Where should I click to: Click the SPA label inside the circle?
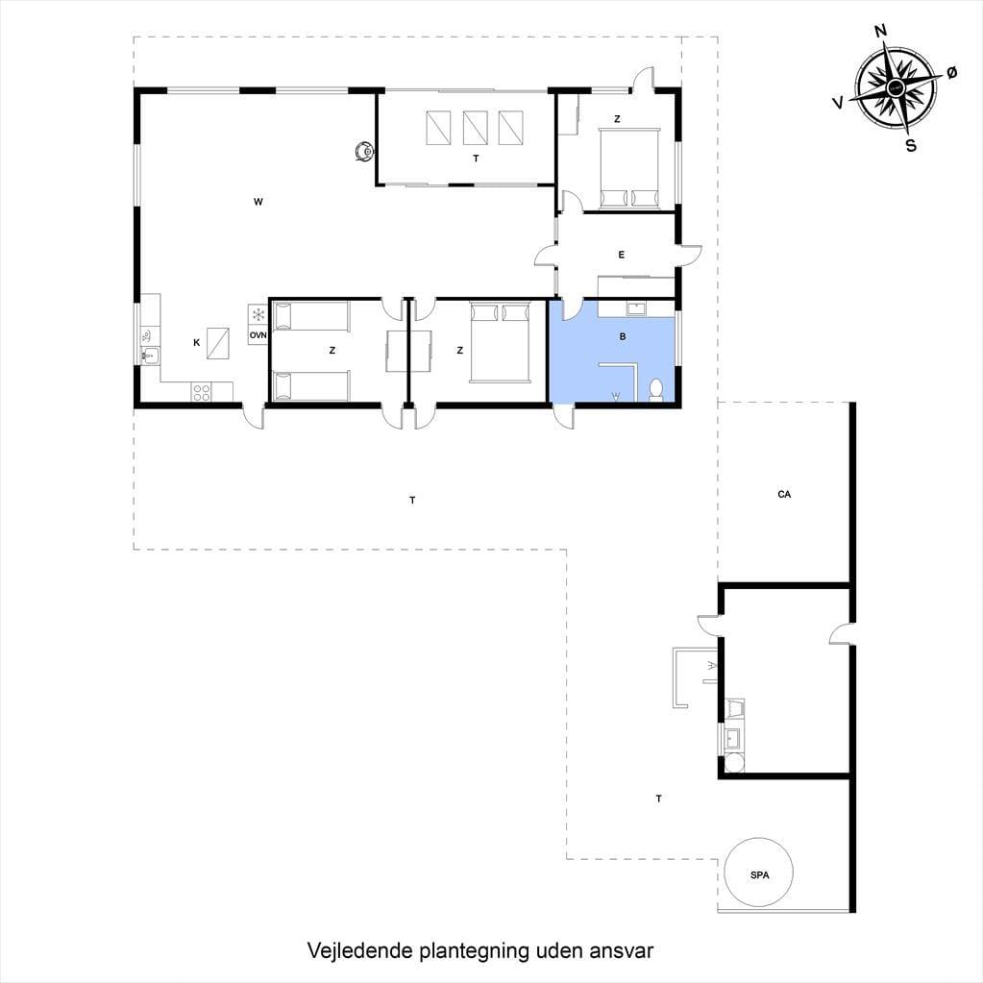(759, 874)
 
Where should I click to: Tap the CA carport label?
(784, 494)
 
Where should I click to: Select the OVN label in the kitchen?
(258, 335)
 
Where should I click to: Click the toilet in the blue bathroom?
(656, 389)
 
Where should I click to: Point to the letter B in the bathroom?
(623, 336)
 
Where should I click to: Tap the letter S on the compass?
(911, 145)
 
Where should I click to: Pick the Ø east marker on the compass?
(951, 73)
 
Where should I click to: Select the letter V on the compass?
(838, 102)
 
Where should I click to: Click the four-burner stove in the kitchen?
(202, 392)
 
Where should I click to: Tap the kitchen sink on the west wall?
(150, 356)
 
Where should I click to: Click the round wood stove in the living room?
(364, 151)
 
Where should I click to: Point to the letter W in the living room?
(258, 201)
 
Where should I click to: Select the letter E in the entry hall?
(622, 255)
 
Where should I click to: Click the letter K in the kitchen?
(196, 342)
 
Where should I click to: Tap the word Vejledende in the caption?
(361, 950)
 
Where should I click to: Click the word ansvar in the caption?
(622, 951)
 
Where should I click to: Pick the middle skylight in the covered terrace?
(476, 128)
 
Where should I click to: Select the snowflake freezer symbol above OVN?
(258, 315)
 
